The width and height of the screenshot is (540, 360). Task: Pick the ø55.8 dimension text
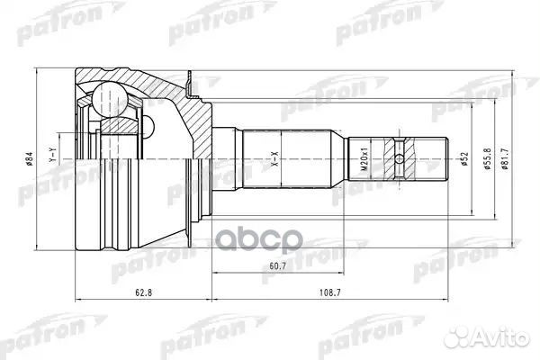tap(485, 162)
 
